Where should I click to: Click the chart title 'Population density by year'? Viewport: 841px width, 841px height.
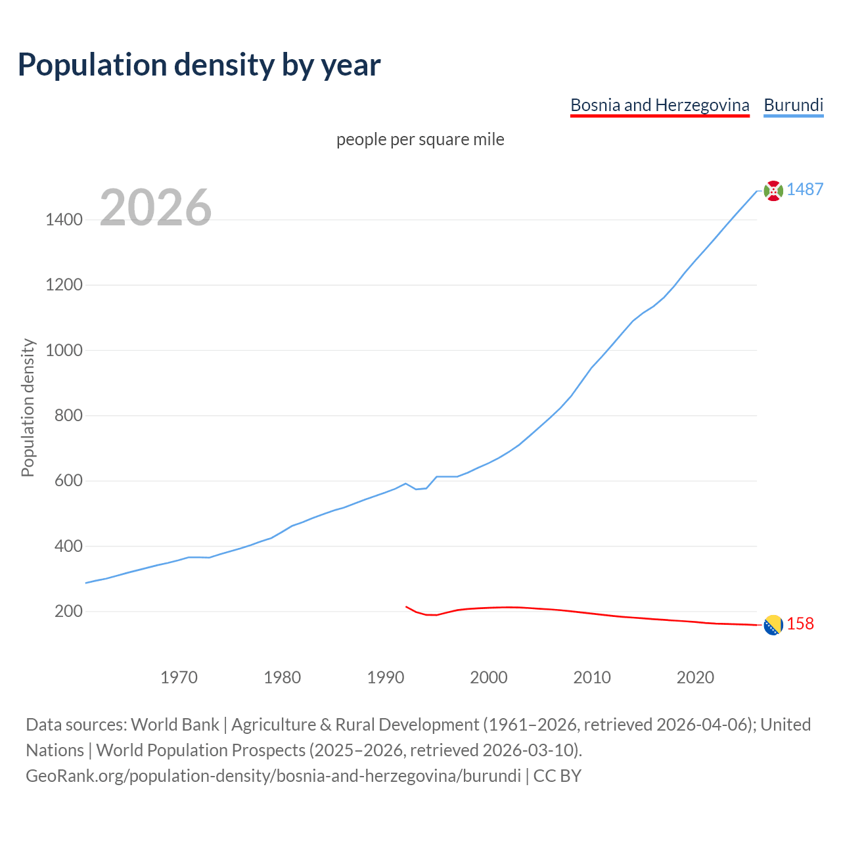point(199,65)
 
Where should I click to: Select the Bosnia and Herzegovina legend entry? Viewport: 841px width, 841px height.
point(660,106)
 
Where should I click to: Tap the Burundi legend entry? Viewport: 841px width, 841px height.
point(793,106)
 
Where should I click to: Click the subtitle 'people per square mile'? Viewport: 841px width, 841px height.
point(420,140)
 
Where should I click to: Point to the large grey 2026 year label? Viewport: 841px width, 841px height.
point(156,208)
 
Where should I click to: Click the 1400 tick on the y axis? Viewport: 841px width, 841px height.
point(64,220)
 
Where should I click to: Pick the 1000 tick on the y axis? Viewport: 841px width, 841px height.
point(64,350)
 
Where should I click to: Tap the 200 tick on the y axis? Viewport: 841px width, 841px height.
point(68,612)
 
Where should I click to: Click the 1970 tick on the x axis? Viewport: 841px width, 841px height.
point(179,677)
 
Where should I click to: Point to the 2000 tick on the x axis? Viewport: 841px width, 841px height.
point(489,677)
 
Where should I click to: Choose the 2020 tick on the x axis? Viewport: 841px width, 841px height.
point(695,677)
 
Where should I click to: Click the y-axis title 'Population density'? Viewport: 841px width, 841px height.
point(28,407)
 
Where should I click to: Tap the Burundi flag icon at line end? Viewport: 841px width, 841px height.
point(773,191)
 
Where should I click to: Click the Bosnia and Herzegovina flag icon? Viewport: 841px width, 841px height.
point(773,625)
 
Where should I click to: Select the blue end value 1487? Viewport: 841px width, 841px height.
point(805,190)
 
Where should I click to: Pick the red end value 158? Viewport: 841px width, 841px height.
point(800,624)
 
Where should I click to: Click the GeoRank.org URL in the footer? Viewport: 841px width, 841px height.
point(273,776)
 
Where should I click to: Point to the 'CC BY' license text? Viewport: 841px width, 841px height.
point(557,776)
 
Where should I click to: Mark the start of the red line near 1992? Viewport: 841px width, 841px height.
point(407,607)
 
